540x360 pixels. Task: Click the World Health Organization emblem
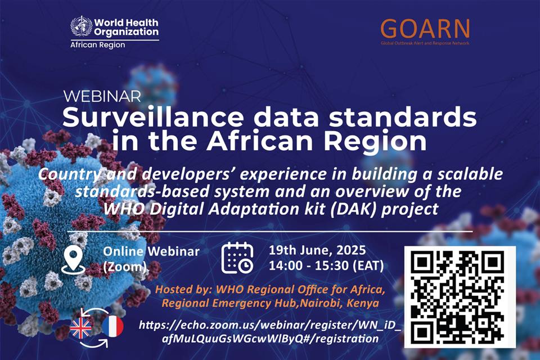[x=81, y=26]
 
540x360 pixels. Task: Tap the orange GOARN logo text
[x=425, y=29]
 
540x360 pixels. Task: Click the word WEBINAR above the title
[x=102, y=96]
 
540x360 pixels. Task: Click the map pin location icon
[x=73, y=260]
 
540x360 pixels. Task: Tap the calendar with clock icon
[x=237, y=258]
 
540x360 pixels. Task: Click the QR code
[x=460, y=297]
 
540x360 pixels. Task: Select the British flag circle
[x=81, y=327]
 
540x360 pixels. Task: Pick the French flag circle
[x=112, y=326]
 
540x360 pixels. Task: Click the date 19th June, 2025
[x=317, y=250]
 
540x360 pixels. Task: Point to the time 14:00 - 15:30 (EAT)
[x=326, y=265]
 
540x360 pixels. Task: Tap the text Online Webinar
[x=151, y=251]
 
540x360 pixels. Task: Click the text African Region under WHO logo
[x=98, y=45]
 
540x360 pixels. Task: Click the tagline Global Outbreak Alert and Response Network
[x=425, y=43]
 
